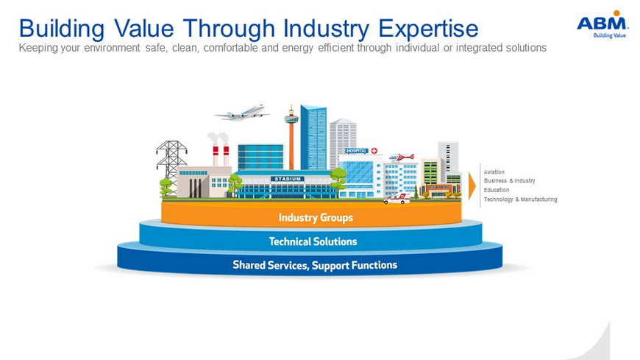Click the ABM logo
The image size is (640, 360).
(x=602, y=24)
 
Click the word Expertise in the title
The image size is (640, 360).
(x=428, y=29)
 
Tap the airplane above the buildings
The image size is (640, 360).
(x=242, y=113)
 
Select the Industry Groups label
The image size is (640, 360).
(x=316, y=217)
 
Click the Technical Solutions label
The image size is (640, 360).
(x=313, y=241)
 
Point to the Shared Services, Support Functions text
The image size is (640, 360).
(x=315, y=265)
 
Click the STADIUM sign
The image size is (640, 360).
(x=288, y=179)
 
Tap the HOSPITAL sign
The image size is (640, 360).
(x=357, y=151)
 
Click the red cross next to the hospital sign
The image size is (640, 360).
(x=374, y=151)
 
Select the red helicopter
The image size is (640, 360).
(x=401, y=158)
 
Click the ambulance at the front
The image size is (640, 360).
(x=397, y=199)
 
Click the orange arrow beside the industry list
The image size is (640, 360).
(x=472, y=186)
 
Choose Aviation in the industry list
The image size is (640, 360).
(x=494, y=172)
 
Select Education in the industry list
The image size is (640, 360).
(x=497, y=190)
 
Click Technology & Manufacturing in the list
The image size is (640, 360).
(x=520, y=200)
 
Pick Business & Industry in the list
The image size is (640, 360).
(x=509, y=180)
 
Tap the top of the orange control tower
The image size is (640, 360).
(x=291, y=105)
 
